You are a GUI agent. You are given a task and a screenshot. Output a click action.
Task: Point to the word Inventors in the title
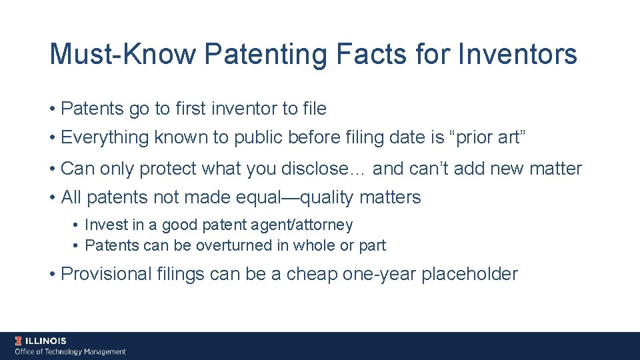point(518,54)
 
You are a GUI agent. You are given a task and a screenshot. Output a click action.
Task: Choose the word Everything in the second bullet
point(105,138)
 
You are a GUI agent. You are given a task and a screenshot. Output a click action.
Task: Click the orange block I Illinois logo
point(19,341)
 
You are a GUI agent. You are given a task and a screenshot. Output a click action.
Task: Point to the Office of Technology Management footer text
point(71,351)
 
